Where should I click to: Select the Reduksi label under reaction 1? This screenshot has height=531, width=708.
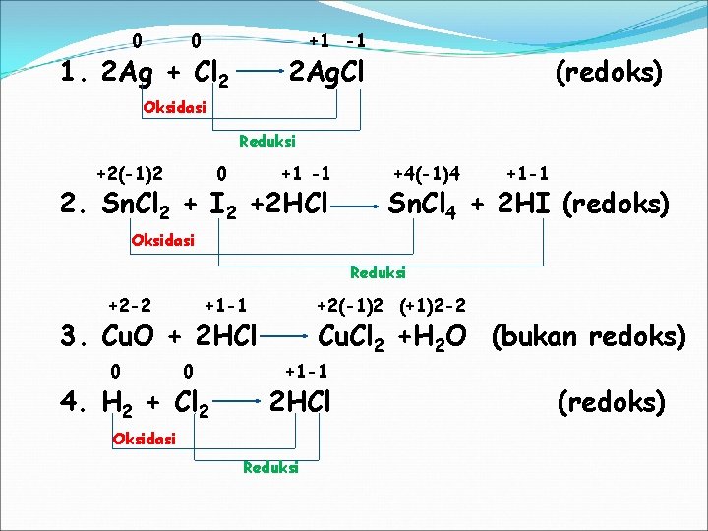[x=267, y=142]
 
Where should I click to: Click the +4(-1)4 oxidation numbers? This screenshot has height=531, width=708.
[x=427, y=174]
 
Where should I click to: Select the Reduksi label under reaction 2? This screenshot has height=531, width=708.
[x=378, y=272]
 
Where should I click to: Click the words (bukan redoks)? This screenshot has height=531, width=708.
[x=588, y=336]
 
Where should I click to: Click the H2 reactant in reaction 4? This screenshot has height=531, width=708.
[x=118, y=403]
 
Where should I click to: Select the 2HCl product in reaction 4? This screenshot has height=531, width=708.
[x=300, y=401]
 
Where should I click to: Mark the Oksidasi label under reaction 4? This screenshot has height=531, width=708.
[x=145, y=439]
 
